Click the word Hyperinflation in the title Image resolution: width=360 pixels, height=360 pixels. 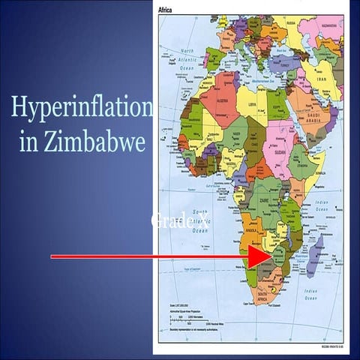click(x=81, y=108)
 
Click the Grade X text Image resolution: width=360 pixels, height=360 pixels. click(x=180, y=220)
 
